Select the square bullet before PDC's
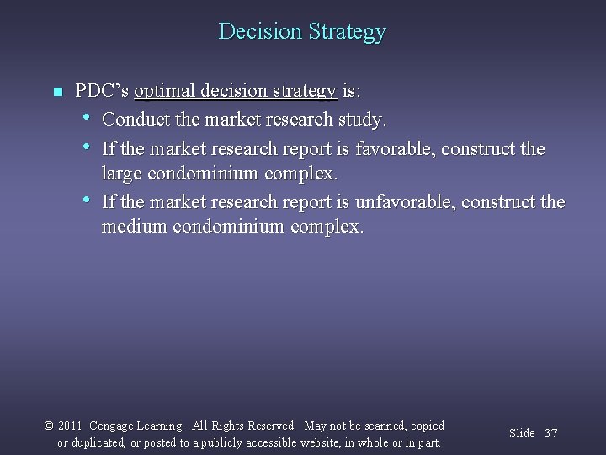coord(56,91)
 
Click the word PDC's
coord(102,90)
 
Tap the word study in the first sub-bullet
coord(364,120)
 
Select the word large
coord(122,174)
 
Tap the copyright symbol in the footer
coord(48,426)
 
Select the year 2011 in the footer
coord(70,426)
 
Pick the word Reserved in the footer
coord(269,426)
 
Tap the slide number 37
coord(551,433)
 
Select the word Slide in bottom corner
coord(522,433)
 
